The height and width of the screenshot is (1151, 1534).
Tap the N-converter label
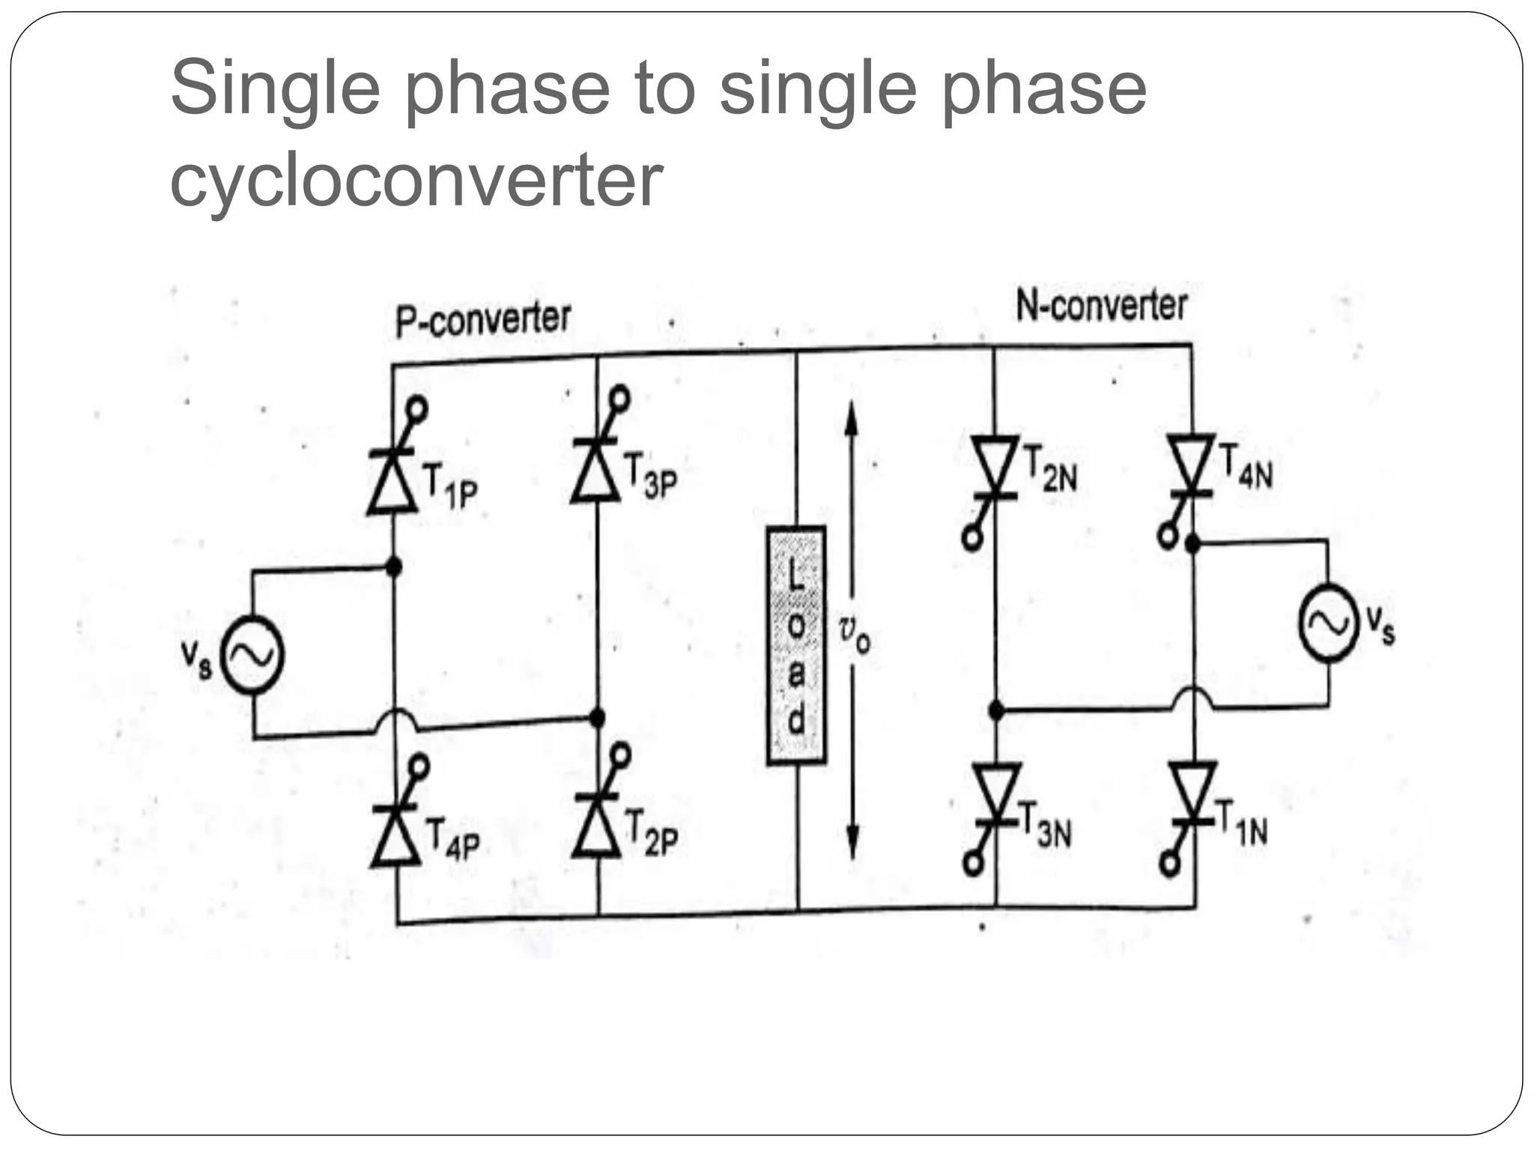1101,306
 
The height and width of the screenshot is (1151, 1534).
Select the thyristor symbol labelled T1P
392,480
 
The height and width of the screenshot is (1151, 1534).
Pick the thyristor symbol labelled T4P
395,836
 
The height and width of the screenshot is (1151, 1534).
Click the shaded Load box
796,645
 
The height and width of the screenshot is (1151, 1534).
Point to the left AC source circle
253,655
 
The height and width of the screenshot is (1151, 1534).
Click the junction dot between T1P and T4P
393,567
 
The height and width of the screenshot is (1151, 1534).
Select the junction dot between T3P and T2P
597,718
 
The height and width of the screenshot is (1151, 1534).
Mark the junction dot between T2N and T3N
996,709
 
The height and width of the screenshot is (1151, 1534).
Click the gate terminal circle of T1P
417,410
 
